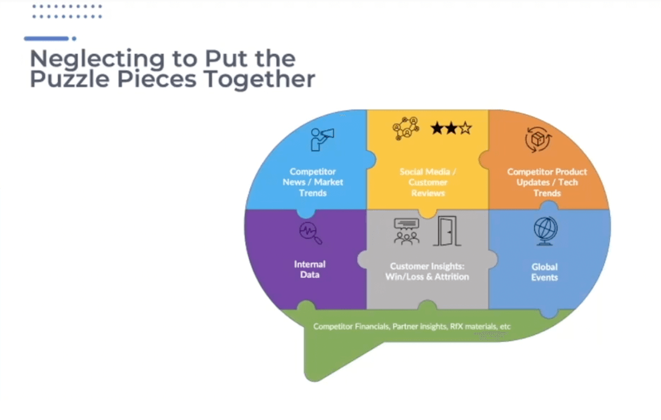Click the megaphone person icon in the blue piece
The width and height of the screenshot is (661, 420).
pyautogui.click(x=322, y=139)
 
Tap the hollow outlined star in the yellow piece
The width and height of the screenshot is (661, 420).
pyautogui.click(x=465, y=128)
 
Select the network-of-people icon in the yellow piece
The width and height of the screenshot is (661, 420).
pyautogui.click(x=406, y=128)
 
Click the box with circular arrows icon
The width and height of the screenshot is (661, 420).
pyautogui.click(x=538, y=139)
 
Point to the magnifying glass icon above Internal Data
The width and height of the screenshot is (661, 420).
pyautogui.click(x=311, y=233)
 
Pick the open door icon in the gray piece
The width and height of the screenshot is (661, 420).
pyautogui.click(x=447, y=231)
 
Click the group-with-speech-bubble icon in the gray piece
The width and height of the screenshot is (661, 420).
pyautogui.click(x=406, y=231)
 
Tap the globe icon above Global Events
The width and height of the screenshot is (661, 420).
pyautogui.click(x=545, y=231)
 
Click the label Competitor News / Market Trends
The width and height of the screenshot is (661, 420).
pyautogui.click(x=313, y=182)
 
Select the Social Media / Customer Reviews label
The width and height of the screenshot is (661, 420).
pyautogui.click(x=428, y=182)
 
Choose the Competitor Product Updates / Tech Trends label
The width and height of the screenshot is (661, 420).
pyautogui.click(x=547, y=182)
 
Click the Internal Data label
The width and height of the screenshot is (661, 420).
pyautogui.click(x=310, y=269)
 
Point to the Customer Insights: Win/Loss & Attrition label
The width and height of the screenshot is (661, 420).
pyautogui.click(x=427, y=271)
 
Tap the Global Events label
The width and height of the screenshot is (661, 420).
pyautogui.click(x=544, y=272)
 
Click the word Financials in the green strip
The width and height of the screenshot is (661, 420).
pyautogui.click(x=372, y=326)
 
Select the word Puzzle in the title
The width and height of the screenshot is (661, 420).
pyautogui.click(x=70, y=79)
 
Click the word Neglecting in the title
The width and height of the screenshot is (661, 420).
pyautogui.click(x=97, y=59)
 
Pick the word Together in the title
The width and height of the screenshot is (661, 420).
pyautogui.click(x=259, y=79)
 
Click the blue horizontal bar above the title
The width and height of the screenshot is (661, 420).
pyautogui.click(x=47, y=39)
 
